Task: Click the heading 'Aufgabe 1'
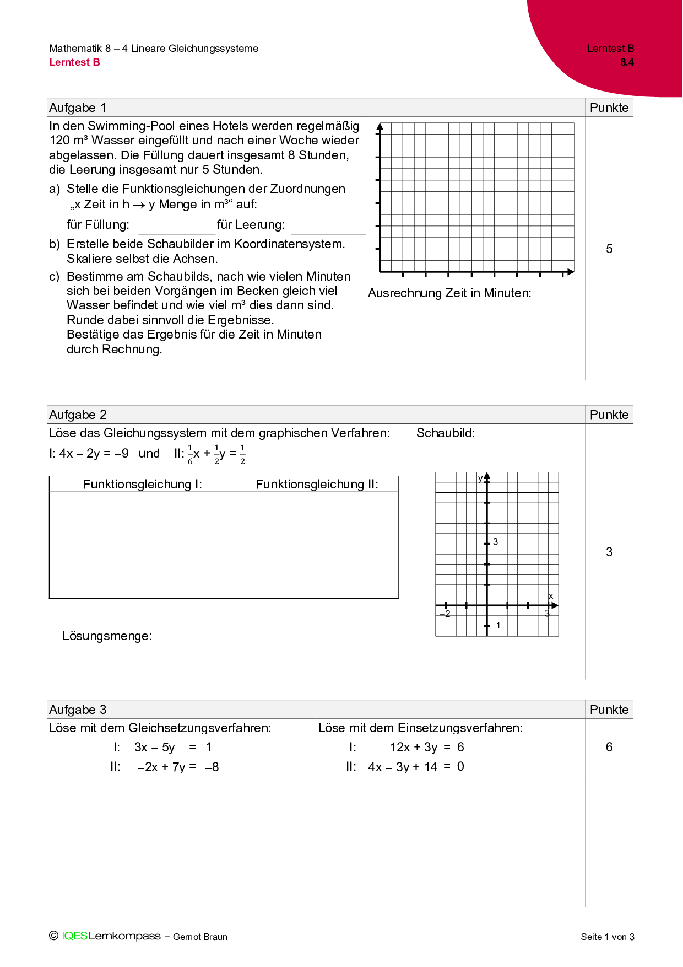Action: click(x=78, y=108)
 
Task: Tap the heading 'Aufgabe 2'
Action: click(x=78, y=415)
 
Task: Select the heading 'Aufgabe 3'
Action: click(x=78, y=710)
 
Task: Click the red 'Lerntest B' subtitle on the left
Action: click(x=74, y=62)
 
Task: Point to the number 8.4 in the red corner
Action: click(x=627, y=62)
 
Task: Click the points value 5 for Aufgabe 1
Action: click(x=609, y=249)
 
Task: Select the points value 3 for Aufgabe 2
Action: click(x=609, y=552)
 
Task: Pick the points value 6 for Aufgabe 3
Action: click(x=609, y=747)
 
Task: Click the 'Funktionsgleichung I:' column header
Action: click(x=143, y=484)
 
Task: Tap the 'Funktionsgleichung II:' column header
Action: click(x=317, y=484)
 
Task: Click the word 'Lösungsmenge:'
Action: click(x=107, y=636)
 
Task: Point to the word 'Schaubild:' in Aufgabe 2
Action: click(x=445, y=433)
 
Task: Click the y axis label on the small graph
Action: click(x=480, y=479)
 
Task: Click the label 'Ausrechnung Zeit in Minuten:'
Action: click(x=449, y=293)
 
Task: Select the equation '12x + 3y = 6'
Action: click(x=427, y=747)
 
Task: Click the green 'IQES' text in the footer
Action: click(x=74, y=936)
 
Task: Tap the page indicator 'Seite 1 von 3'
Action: click(x=607, y=937)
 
